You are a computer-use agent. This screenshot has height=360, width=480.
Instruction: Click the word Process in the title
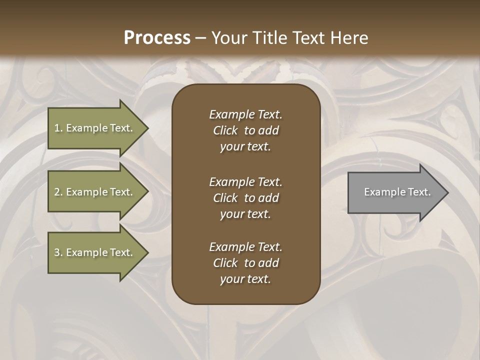(157, 38)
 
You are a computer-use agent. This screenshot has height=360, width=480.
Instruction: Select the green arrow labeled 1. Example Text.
(95, 128)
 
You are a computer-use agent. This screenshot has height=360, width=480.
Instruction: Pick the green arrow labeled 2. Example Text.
(95, 192)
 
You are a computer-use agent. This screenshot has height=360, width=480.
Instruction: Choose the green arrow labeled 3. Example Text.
(95, 252)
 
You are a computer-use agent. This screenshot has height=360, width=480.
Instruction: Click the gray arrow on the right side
(395, 192)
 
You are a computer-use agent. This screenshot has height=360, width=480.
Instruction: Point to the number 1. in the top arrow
(58, 128)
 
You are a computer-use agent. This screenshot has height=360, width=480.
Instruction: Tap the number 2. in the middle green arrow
(58, 192)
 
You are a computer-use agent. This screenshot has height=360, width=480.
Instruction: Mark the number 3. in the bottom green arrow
(58, 252)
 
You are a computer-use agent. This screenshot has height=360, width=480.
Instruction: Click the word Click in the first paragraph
(225, 130)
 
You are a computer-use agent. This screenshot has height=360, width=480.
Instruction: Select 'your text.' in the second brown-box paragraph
(245, 214)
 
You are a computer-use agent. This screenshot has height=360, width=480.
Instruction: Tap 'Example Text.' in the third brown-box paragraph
(245, 247)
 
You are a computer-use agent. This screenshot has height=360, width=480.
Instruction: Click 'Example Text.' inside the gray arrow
(397, 192)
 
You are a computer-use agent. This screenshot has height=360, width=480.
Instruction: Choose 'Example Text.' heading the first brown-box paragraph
(245, 114)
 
